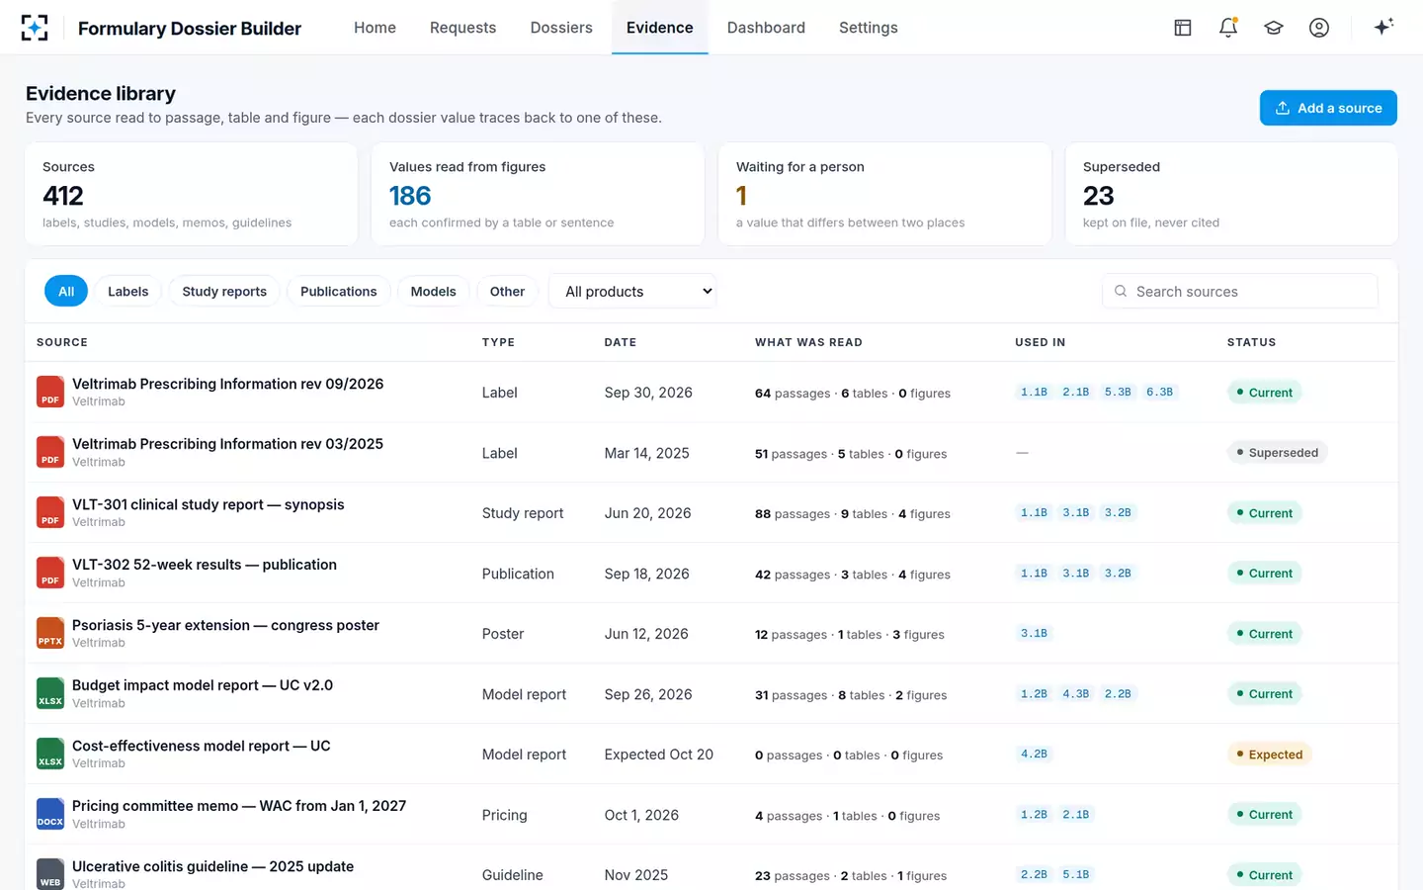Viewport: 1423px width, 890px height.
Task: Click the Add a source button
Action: [1328, 108]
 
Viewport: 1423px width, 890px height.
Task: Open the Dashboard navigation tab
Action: [766, 28]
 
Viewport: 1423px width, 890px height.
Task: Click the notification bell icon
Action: [1228, 28]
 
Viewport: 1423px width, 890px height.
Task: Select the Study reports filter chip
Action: [224, 291]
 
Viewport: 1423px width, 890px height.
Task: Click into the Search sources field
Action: [1240, 291]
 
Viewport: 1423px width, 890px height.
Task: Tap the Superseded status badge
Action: [1277, 453]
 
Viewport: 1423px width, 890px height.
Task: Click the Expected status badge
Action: [1269, 754]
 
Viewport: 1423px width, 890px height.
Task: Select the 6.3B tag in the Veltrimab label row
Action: [1159, 393]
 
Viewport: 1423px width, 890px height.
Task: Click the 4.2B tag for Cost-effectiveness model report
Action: [1034, 754]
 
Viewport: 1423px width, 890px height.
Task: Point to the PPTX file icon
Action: [50, 633]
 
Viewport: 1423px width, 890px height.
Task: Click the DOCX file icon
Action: [50, 814]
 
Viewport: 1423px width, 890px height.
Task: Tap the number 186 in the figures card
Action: [410, 196]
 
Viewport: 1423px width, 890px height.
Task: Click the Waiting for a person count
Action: [741, 196]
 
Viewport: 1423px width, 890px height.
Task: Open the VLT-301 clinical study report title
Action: [208, 504]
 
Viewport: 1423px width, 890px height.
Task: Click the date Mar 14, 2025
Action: [646, 453]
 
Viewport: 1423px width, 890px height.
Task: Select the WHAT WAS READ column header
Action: [808, 342]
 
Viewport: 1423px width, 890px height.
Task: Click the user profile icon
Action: [1319, 28]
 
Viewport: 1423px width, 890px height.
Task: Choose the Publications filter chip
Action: [339, 291]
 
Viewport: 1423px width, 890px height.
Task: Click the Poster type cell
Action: [502, 634]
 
